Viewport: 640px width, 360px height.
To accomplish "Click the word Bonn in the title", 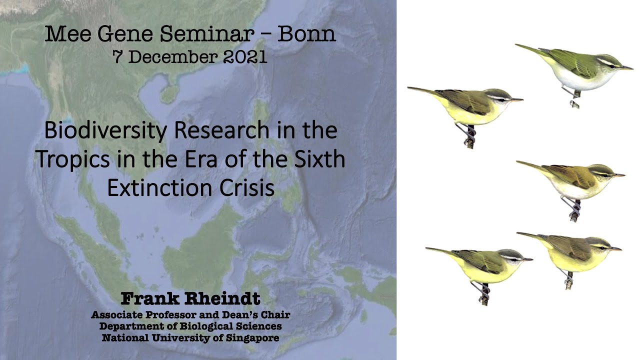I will coord(306,34).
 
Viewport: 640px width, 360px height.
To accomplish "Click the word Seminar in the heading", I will coord(212,34).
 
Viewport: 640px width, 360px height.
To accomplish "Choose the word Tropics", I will coord(70,159).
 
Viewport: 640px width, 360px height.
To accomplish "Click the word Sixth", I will coord(318,159).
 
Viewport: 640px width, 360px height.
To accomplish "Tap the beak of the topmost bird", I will coord(628,68).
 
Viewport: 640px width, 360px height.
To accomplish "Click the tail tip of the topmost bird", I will coord(518,45).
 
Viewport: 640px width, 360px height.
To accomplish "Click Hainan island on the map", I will coord(170,93).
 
